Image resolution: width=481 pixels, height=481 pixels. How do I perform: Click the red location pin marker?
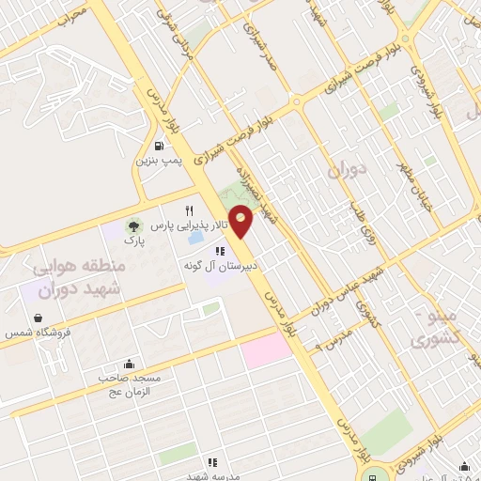coord(242,222)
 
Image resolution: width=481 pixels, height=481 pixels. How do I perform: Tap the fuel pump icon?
coord(160,145)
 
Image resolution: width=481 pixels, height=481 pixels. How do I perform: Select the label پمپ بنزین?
coord(156,162)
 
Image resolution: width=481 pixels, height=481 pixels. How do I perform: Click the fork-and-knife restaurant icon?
coord(190,210)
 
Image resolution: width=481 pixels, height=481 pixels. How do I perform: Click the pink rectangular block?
coord(267,352)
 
